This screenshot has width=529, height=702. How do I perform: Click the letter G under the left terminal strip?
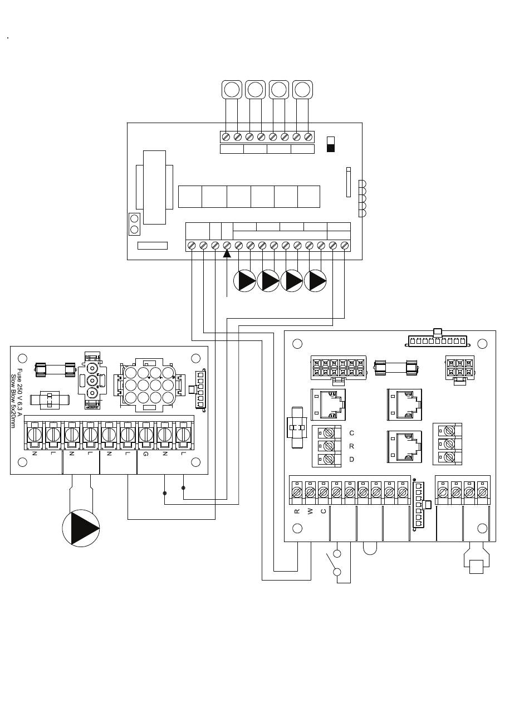(146, 454)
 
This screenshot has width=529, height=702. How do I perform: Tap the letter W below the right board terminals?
(310, 511)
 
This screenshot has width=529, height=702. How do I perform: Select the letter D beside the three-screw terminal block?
(351, 460)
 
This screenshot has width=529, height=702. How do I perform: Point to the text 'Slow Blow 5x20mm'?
(13, 401)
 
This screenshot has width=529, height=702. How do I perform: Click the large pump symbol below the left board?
(81, 528)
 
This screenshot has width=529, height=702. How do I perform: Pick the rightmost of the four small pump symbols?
(315, 281)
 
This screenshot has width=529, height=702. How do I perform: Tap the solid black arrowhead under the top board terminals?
(227, 253)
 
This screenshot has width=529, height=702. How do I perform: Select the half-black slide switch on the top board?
(331, 144)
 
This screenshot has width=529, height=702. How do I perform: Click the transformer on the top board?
(154, 187)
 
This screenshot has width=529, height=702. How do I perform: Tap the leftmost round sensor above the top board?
(232, 90)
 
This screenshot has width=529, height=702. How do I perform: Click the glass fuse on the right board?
(396, 368)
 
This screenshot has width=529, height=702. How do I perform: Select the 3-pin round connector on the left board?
(92, 381)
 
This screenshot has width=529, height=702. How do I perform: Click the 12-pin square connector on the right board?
(339, 368)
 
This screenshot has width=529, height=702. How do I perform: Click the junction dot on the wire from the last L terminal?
(183, 487)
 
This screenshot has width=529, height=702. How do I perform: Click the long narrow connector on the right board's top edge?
(437, 341)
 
